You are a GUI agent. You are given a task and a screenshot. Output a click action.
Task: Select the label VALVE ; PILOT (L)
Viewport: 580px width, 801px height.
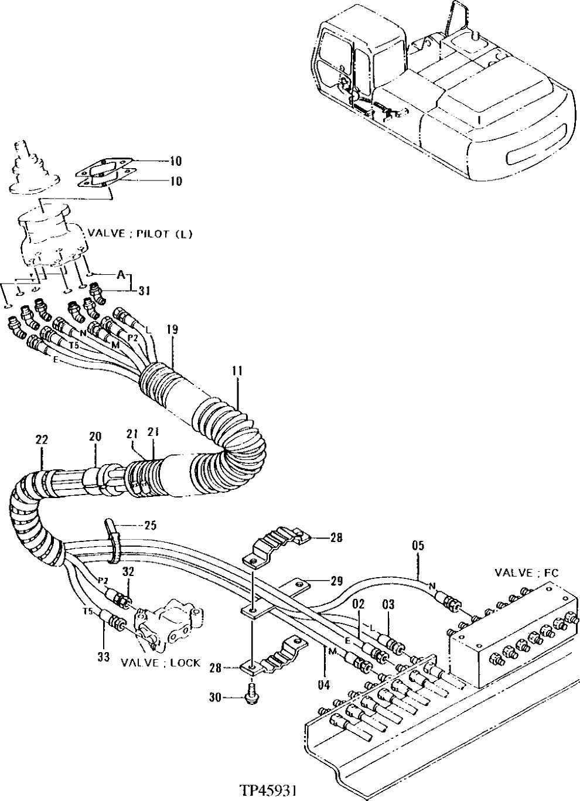coord(140,233)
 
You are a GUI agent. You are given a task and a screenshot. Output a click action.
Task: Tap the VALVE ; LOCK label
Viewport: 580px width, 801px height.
coord(160,663)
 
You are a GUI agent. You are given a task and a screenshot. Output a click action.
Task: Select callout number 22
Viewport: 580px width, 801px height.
coord(42,439)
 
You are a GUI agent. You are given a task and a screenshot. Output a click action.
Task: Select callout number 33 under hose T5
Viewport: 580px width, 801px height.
coord(103,657)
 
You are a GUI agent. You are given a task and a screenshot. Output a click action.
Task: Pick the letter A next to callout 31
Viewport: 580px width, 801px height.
coord(121,274)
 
